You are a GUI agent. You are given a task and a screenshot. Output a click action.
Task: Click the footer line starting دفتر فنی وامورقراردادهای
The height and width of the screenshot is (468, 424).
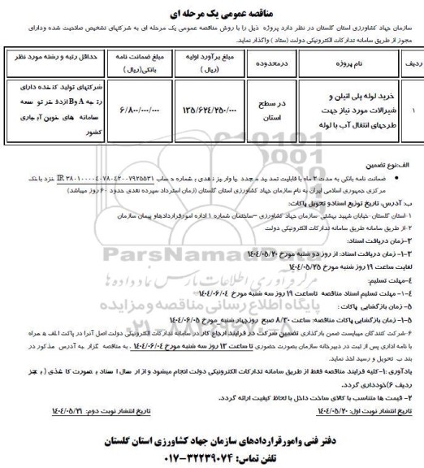[x=213, y=425]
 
